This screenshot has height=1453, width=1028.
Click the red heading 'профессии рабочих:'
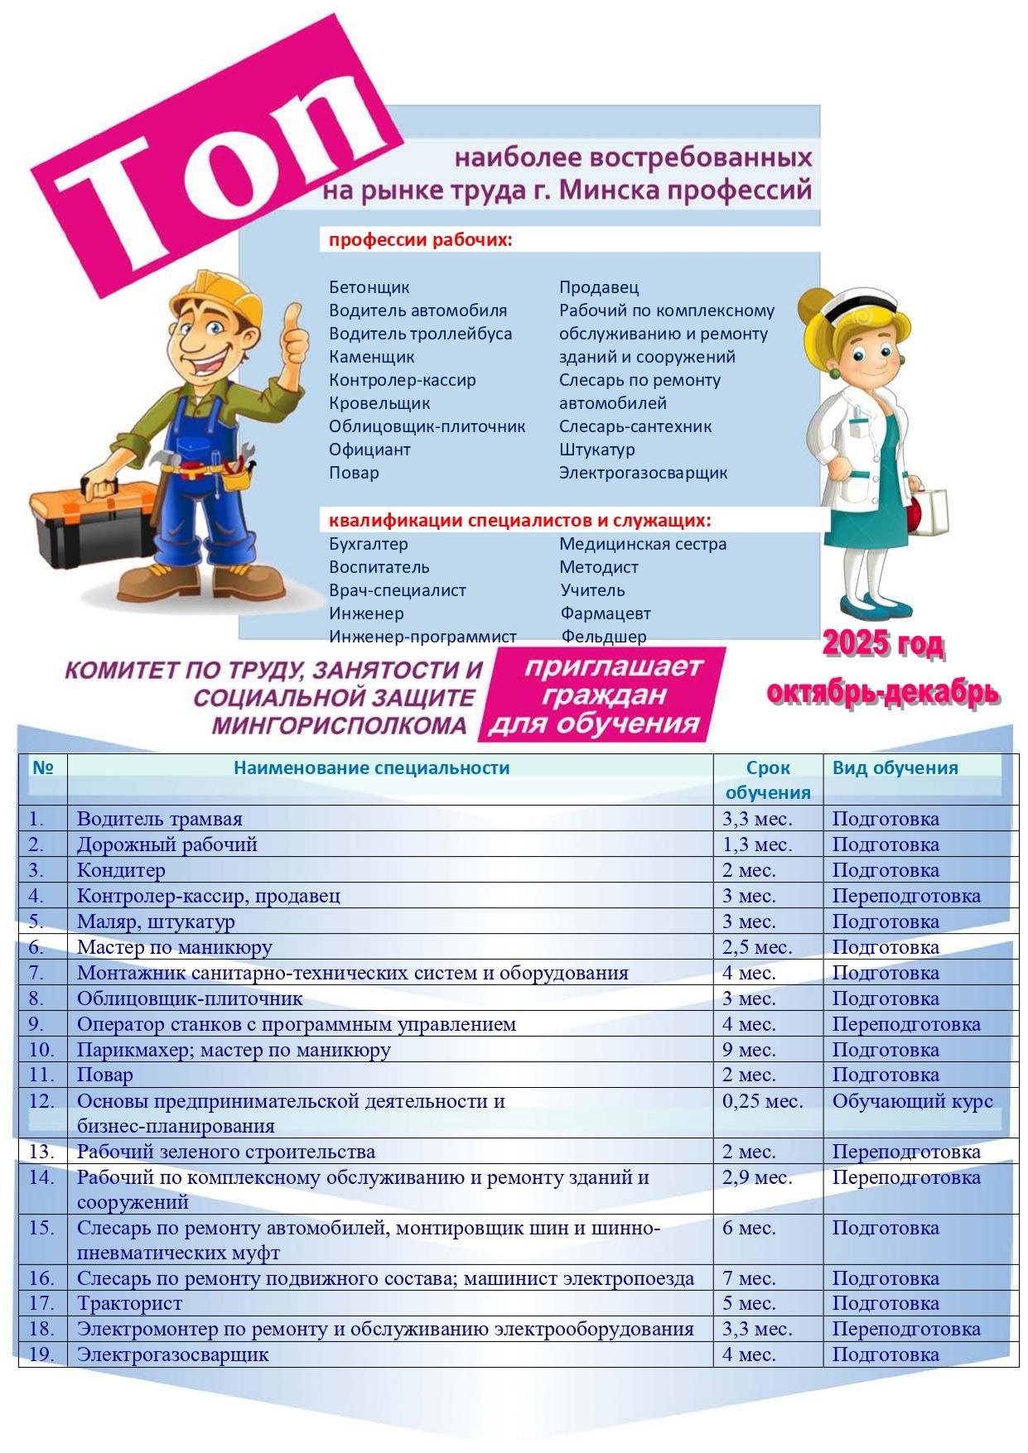point(421,241)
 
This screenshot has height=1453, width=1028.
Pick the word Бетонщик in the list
point(369,287)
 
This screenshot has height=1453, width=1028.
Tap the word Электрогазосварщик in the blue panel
point(643,473)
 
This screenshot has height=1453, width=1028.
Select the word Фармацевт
point(606,613)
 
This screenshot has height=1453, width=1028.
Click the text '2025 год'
point(883,645)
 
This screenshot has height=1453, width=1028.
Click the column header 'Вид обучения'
point(895,767)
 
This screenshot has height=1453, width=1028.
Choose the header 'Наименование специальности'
point(371,767)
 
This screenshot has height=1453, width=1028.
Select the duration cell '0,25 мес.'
point(762,1101)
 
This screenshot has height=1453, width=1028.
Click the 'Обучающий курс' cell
point(912,1101)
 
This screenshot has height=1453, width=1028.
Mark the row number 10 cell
point(41,1050)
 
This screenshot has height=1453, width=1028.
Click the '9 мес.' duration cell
point(749,1050)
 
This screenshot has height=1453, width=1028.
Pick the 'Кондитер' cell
point(122,870)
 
